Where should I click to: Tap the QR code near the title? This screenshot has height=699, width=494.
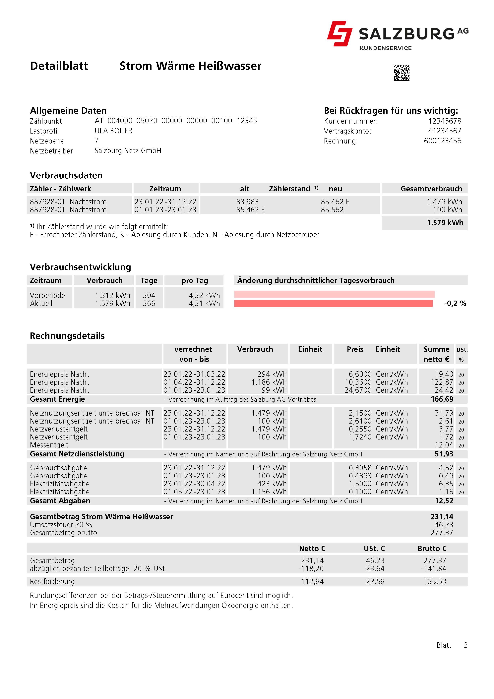click(401, 73)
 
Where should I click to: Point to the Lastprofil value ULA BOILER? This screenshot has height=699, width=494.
click(113, 131)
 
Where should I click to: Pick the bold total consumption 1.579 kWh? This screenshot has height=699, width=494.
click(445, 223)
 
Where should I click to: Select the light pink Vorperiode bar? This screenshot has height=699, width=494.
click(334, 294)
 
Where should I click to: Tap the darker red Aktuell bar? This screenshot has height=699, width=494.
click(333, 303)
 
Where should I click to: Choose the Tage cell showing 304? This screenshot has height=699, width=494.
click(149, 295)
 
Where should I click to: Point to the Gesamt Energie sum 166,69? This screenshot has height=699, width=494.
click(442, 399)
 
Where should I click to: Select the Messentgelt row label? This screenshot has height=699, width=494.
click(49, 445)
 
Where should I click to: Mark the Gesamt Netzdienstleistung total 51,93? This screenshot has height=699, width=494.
click(444, 454)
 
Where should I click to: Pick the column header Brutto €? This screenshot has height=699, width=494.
click(432, 549)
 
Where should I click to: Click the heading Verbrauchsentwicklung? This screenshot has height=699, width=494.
click(80, 267)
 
